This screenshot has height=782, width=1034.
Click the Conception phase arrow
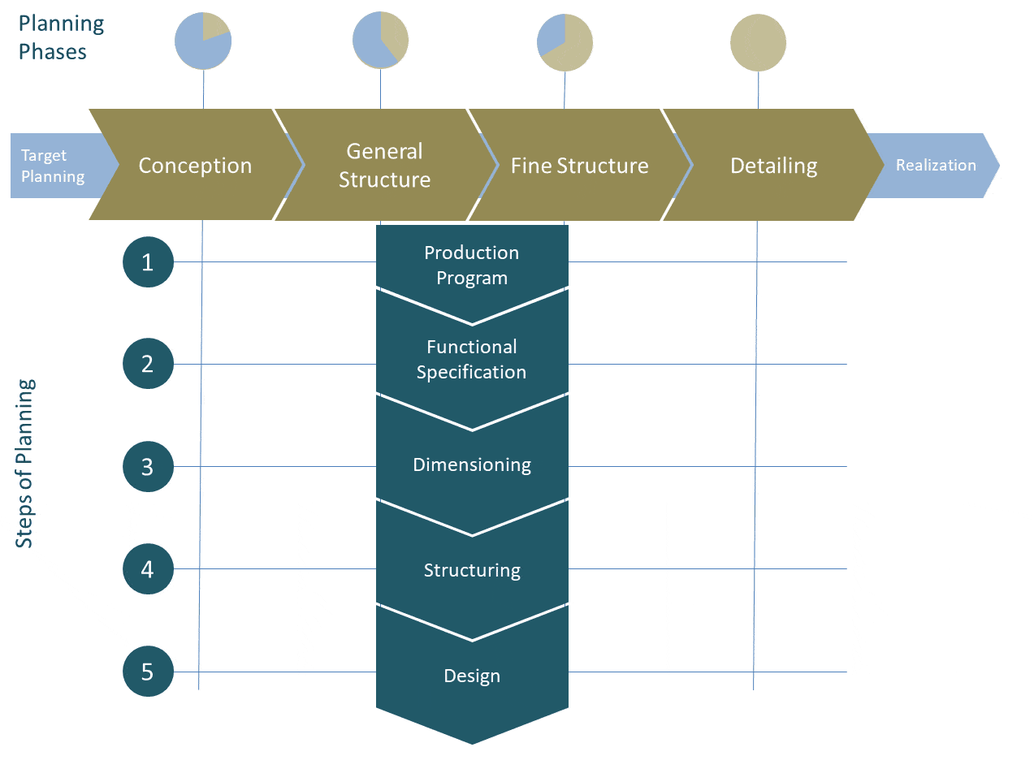tap(195, 165)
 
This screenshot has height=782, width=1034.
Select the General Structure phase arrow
tap(384, 165)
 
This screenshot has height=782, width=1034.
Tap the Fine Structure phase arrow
tap(579, 165)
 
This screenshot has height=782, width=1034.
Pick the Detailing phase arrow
tap(773, 165)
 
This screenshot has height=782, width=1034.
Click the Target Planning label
tap(53, 166)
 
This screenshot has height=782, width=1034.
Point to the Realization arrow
tap(936, 165)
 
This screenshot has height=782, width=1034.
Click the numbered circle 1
tap(148, 261)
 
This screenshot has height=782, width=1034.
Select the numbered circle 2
tap(148, 364)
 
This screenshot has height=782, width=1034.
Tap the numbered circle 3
tap(148, 466)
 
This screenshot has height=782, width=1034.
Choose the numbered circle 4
tap(148, 568)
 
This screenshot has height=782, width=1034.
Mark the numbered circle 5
tap(148, 672)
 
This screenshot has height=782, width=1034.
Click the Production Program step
tap(472, 265)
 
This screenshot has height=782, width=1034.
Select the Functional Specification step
tap(472, 359)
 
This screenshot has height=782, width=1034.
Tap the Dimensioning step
tap(472, 464)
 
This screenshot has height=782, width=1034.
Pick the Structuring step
tap(472, 570)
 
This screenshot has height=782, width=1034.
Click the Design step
tap(472, 676)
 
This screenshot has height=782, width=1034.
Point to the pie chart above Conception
tap(203, 41)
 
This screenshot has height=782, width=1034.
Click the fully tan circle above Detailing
tap(758, 42)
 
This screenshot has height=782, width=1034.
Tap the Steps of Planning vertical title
tap(25, 463)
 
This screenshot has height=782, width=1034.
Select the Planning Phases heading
tap(61, 37)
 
